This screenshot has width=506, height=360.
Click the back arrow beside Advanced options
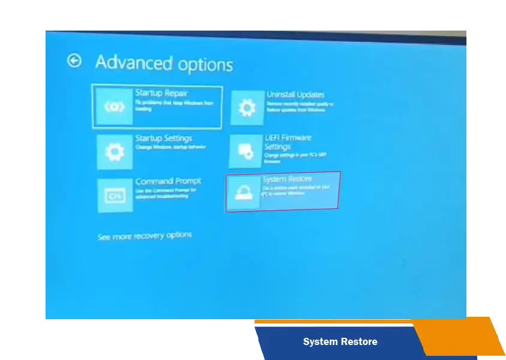[x=74, y=61]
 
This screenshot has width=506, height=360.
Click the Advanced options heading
[x=164, y=64]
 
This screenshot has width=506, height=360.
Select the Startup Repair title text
[x=161, y=93]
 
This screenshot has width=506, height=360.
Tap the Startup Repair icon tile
[x=115, y=107]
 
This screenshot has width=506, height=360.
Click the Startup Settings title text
[x=164, y=139]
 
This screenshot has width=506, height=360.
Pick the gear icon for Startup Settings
[x=115, y=152]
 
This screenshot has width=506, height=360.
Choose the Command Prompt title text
[x=168, y=181]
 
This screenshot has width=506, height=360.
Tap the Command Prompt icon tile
[x=115, y=195]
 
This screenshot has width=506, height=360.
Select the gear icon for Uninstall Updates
[x=247, y=109]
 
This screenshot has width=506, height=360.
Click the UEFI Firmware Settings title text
[x=288, y=142]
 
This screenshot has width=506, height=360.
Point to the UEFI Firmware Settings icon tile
[x=246, y=151]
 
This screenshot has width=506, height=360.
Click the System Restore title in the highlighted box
[x=287, y=179]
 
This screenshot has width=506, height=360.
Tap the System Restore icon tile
[x=243, y=192]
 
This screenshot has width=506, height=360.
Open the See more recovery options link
[x=144, y=236]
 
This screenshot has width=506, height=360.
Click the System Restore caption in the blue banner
[x=340, y=342]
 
